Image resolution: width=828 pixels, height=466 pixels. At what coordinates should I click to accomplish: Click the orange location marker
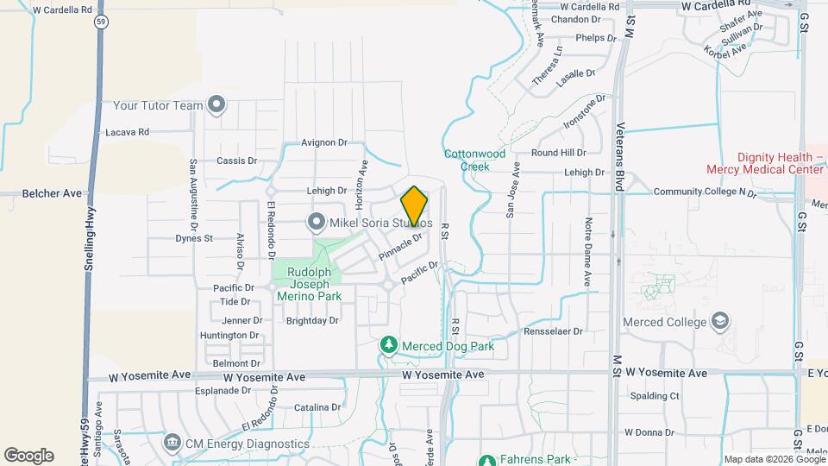[x=415, y=205]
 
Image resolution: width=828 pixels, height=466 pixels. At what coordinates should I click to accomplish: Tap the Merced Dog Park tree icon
[x=389, y=346]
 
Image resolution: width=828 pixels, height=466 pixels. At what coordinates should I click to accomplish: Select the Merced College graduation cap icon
[x=719, y=323]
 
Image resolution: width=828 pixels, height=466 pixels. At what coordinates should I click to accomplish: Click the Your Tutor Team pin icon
[x=216, y=106]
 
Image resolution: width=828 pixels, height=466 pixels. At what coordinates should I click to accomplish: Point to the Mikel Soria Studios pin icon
[x=315, y=223]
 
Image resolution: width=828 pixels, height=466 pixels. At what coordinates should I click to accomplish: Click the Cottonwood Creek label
[x=474, y=160]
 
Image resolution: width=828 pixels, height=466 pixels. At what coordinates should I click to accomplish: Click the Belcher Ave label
[x=52, y=194]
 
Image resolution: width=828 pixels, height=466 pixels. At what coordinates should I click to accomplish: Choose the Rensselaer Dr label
[x=553, y=331]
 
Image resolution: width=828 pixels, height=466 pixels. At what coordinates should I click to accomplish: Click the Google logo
[x=28, y=456]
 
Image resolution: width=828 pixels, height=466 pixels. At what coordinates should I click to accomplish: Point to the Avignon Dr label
[x=324, y=142]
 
